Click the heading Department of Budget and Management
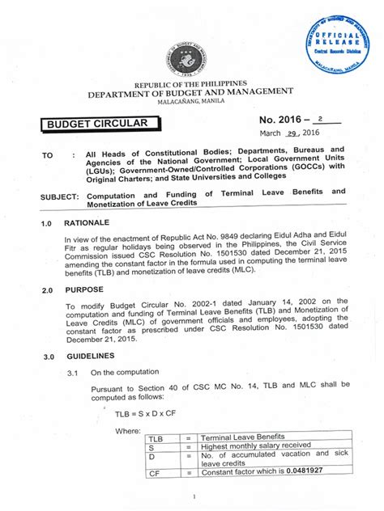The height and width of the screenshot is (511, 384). [x=190, y=93]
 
